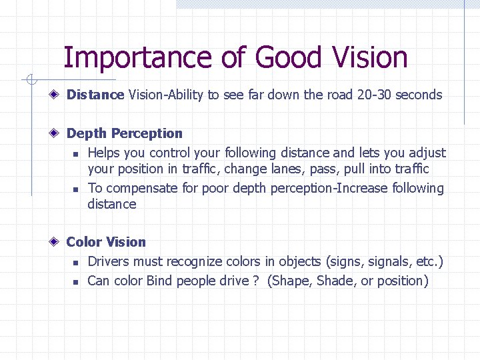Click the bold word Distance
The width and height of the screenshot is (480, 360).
click(95, 95)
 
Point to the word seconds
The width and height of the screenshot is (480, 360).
click(419, 95)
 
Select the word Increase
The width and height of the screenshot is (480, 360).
click(359, 189)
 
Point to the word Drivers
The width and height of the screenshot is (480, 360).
click(109, 261)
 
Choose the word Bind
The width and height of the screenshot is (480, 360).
click(159, 281)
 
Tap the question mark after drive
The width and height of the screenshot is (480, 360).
click(255, 281)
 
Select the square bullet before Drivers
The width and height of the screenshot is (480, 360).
click(77, 262)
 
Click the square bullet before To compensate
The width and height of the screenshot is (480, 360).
click(77, 189)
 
